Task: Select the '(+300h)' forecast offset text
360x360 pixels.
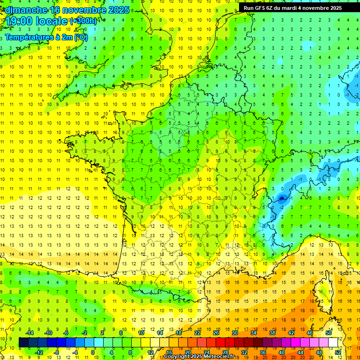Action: tap(83, 21)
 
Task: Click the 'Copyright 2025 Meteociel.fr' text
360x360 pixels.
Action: tap(199, 357)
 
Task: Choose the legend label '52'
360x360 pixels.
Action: tap(338, 352)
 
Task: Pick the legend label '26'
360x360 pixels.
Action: tap(216, 332)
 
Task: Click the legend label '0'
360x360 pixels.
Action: tap(93, 352)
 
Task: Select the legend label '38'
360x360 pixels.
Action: tap(272, 332)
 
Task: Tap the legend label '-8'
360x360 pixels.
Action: tap(57, 352)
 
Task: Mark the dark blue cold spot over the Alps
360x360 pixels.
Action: tap(282, 198)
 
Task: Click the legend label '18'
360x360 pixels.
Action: tap(179, 332)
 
